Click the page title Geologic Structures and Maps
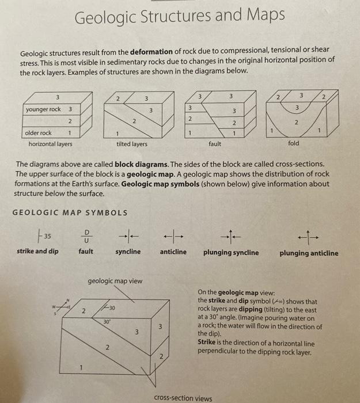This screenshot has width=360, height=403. pos(180,17)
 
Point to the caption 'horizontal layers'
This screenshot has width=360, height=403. pos(50,144)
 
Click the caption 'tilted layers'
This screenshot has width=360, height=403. pos(131,144)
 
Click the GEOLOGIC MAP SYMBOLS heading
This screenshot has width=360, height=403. pos(70,212)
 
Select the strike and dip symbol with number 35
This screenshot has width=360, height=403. pos(42,235)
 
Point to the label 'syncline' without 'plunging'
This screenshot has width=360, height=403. pos(128,252)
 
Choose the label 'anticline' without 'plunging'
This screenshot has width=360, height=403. pos(173,252)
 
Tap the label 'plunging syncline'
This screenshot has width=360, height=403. pos(230,252)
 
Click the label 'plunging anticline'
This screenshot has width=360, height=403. pos(309,252)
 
